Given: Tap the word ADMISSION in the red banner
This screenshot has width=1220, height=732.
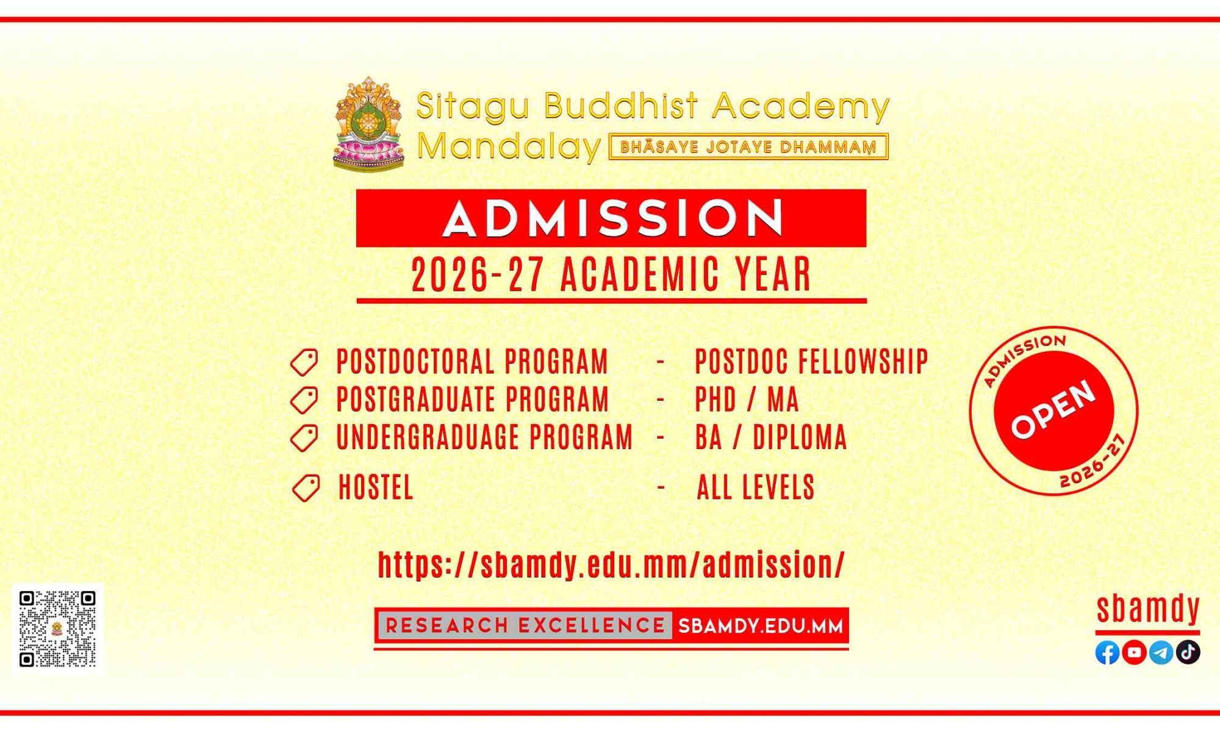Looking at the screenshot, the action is pyautogui.click(x=612, y=218).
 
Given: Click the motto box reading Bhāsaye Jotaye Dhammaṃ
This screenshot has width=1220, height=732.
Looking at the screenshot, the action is pyautogui.click(x=748, y=147).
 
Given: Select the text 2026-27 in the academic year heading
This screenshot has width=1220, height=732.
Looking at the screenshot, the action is pyautogui.click(x=478, y=275).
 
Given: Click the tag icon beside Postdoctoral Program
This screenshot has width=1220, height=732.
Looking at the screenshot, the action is pyautogui.click(x=304, y=362).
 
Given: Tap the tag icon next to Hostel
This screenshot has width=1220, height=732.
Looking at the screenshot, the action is pyautogui.click(x=306, y=488).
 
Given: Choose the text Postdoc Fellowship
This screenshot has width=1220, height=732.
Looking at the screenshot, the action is pyautogui.click(x=812, y=362).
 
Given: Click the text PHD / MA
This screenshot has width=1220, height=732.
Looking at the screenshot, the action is pyautogui.click(x=747, y=400).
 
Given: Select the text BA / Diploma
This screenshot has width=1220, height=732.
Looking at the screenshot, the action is pyautogui.click(x=771, y=438).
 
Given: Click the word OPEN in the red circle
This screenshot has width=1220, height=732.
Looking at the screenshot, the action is pyautogui.click(x=1053, y=409).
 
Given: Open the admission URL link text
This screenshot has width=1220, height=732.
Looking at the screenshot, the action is pyautogui.click(x=611, y=565).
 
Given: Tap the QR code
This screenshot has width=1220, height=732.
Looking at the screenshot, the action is pyautogui.click(x=57, y=629).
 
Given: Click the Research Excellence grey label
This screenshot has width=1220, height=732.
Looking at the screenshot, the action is pyautogui.click(x=525, y=626).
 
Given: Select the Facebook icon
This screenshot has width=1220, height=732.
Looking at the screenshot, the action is pyautogui.click(x=1107, y=653).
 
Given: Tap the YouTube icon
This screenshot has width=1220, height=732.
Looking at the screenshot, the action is pyautogui.click(x=1134, y=653).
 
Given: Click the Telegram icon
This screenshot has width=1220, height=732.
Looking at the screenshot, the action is pyautogui.click(x=1161, y=653).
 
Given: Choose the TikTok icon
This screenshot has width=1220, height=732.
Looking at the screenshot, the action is pyautogui.click(x=1188, y=653).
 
